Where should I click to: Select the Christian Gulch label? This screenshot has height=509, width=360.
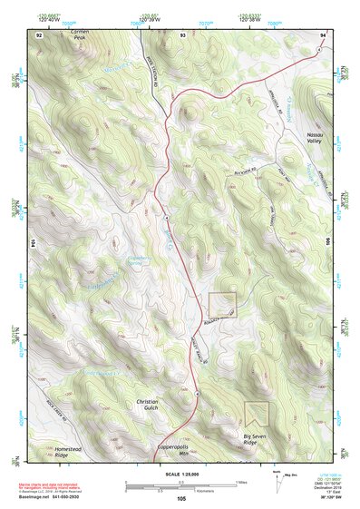(147, 405)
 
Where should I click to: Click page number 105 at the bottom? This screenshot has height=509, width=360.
(180, 498)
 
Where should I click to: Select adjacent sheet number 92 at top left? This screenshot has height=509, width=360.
(40, 34)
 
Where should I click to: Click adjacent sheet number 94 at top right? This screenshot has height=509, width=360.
(322, 34)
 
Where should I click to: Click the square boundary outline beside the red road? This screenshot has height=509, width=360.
(222, 305)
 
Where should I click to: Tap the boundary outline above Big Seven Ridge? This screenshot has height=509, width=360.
(257, 415)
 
